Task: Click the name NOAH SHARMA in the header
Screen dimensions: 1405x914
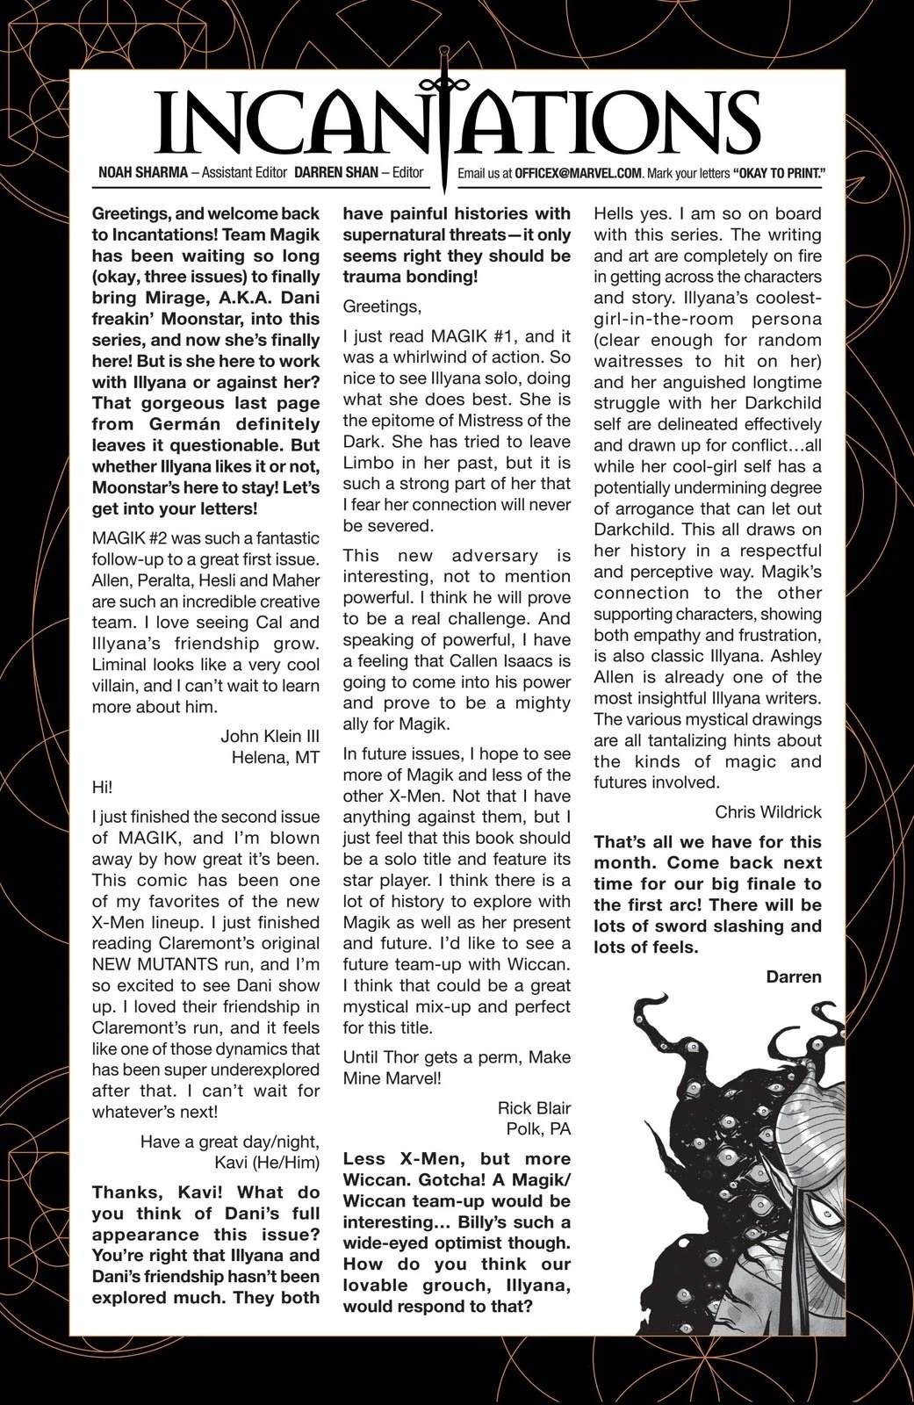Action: click(143, 172)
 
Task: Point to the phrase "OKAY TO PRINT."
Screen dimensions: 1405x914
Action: click(777, 173)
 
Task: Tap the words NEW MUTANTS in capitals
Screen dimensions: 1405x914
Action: click(147, 964)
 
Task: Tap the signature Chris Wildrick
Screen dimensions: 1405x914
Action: click(768, 811)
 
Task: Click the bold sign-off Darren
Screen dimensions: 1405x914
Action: click(793, 976)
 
